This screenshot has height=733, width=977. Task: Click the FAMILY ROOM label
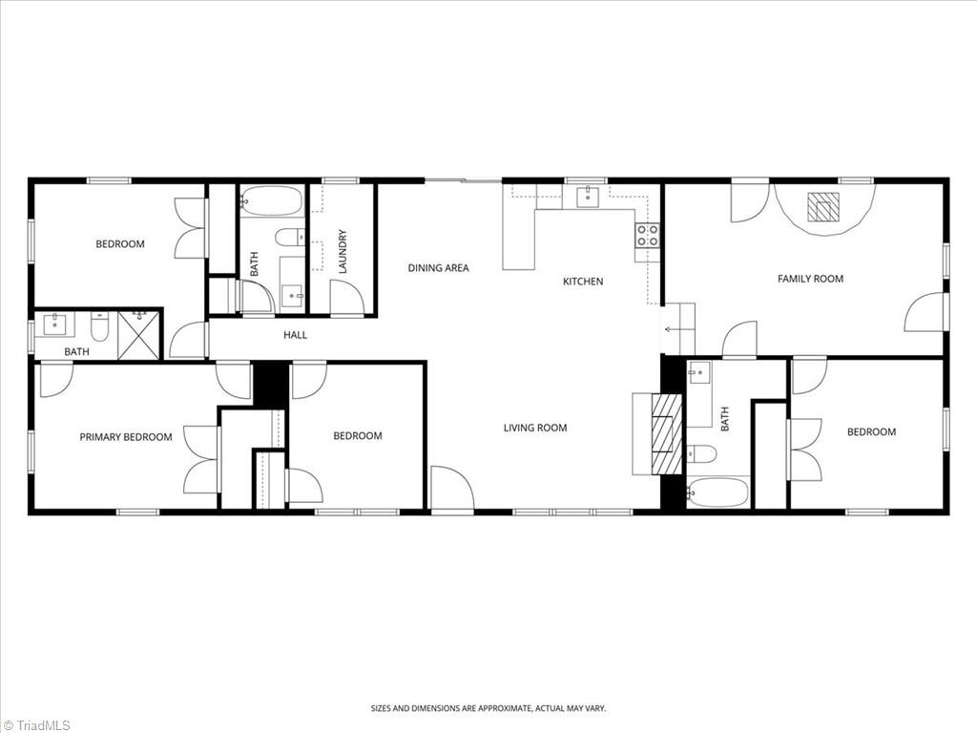[810, 279]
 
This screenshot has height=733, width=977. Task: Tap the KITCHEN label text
[582, 282]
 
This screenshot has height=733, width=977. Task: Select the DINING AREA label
[438, 268]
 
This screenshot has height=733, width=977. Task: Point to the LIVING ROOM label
[534, 428]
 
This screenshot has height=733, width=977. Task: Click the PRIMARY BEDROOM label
[126, 437]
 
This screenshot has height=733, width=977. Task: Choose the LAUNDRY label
[343, 252]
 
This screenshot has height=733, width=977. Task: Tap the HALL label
[295, 335]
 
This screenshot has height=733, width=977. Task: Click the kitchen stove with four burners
[648, 235]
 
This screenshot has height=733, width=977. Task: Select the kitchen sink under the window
[585, 198]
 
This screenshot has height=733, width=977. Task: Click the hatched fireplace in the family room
[823, 207]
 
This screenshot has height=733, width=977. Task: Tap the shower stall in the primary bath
[139, 335]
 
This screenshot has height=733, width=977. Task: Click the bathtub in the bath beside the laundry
[271, 201]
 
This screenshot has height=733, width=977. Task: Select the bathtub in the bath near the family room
[718, 493]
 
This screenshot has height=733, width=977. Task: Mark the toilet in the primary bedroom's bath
[99, 329]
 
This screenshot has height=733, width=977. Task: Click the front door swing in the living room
[450, 489]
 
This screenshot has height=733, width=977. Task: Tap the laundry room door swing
[347, 297]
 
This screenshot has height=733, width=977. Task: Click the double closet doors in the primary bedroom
[202, 459]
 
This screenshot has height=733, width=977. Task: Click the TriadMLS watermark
[38, 724]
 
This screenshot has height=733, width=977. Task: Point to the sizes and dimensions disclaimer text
[488, 708]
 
